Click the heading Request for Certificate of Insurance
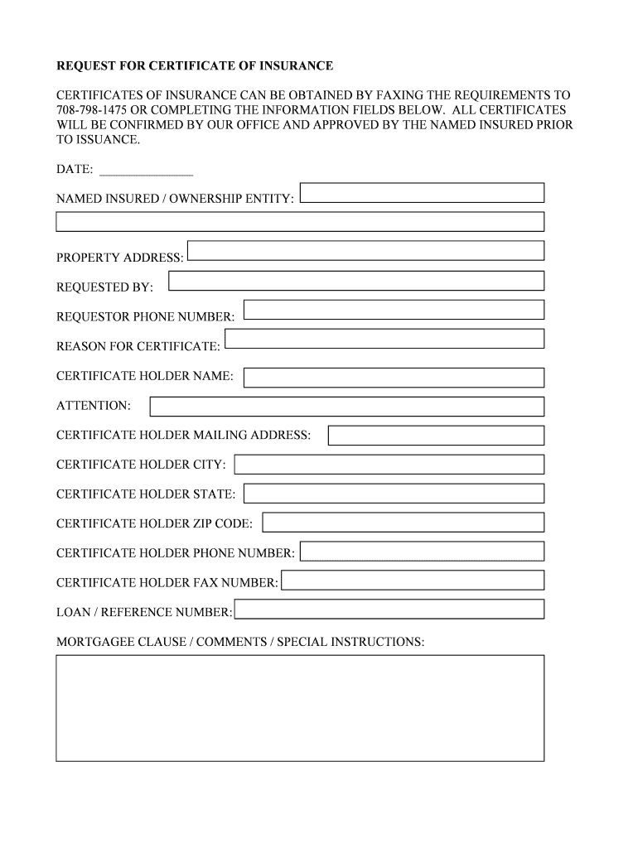click(x=195, y=65)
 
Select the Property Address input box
click(x=365, y=250)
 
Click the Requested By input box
click(x=355, y=282)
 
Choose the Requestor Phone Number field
click(x=394, y=310)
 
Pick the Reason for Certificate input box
click(x=384, y=339)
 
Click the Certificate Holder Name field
click(x=394, y=378)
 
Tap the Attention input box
click(x=346, y=407)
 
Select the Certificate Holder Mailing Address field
click(x=436, y=436)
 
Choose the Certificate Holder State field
click(x=394, y=494)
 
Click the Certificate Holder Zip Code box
click(x=403, y=523)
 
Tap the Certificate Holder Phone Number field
click(x=422, y=551)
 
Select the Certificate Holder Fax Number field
click(x=413, y=580)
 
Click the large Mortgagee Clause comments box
click(x=300, y=708)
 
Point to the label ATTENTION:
click(x=94, y=406)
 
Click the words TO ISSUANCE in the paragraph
click(x=98, y=140)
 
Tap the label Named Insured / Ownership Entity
click(x=175, y=199)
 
